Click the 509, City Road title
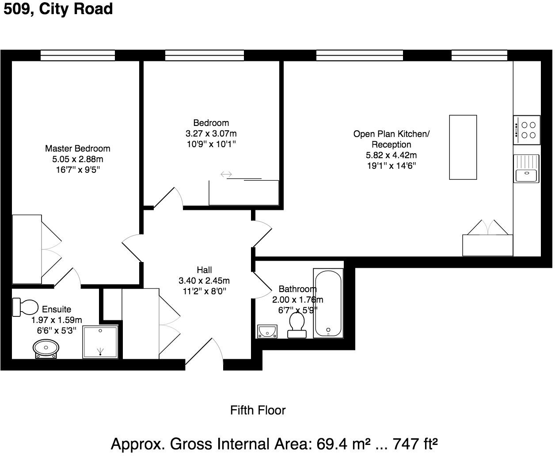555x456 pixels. pos(58,9)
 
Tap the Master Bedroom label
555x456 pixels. pos(78,148)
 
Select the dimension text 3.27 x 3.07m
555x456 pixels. pos(211,134)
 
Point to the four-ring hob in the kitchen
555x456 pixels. pos(527,130)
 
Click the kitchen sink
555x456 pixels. pos(526,169)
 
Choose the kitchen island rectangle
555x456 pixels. pos(463,147)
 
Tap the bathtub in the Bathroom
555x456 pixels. pos(328,303)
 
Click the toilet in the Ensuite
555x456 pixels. pos(25,307)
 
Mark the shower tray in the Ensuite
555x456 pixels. pos(100,342)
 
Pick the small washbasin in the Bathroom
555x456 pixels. pos(267,331)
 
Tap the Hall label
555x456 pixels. pos(204,270)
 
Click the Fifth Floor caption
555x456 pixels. pos(258,410)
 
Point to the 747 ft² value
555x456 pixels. pos(415,444)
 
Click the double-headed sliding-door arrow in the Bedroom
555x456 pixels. pos(226,174)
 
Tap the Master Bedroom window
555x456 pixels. pos(78,55)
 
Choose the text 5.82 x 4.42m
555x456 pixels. pos(392,155)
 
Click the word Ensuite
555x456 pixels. pos(57,309)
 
